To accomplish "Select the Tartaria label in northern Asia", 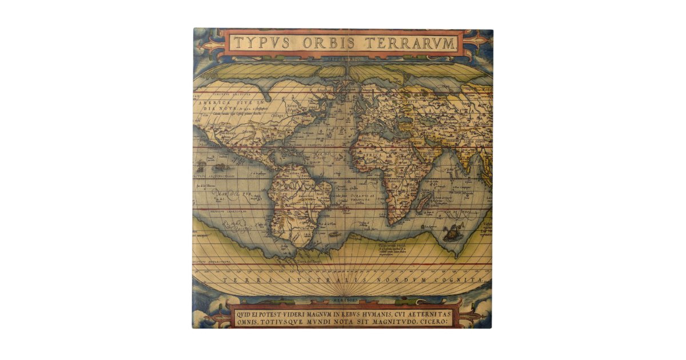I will point(434,97).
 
